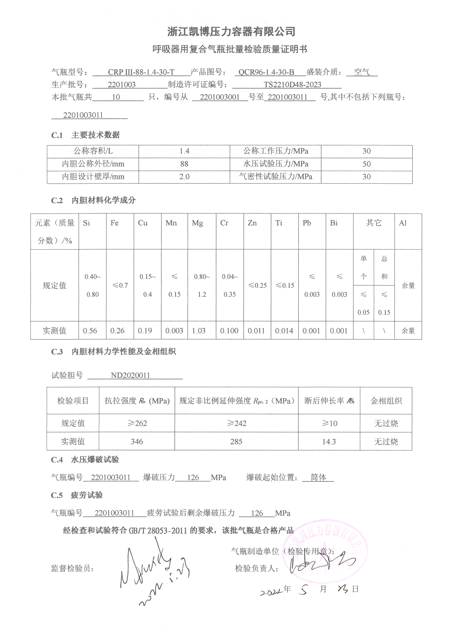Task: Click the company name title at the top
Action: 231,32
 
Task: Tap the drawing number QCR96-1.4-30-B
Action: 266,72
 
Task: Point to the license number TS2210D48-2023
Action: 292,85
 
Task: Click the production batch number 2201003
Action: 122,85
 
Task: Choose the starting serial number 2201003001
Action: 220,97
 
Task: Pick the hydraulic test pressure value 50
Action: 366,164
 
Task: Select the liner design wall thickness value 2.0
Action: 184,177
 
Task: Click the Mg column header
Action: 197,223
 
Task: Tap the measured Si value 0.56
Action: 90,331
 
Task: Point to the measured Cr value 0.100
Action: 229,331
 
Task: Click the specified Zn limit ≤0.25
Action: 257,286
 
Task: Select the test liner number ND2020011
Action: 130,375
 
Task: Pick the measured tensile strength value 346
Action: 137,442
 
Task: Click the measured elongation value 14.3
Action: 329,442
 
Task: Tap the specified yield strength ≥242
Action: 236,423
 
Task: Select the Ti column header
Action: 279,223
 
